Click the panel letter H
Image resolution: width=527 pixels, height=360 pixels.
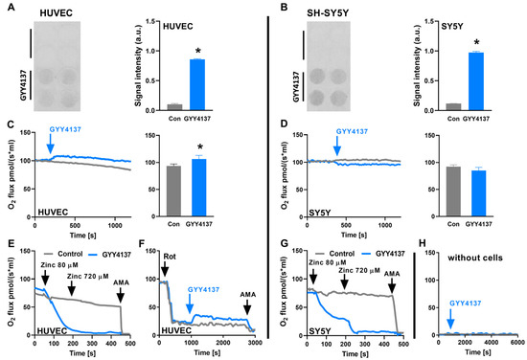pyautogui.click(x=424, y=234)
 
